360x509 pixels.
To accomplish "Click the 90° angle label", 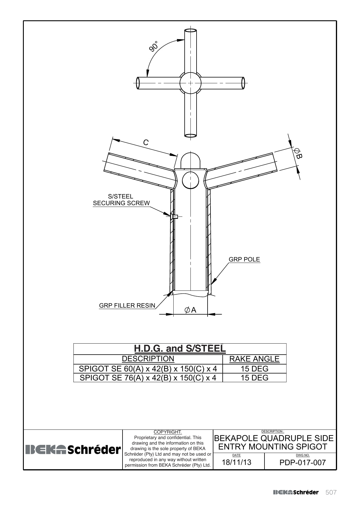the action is coord(154,46).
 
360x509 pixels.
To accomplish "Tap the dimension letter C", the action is coord(146,142).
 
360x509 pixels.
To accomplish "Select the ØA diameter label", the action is coord(190,310).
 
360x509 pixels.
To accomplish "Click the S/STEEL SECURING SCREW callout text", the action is coord(121,200).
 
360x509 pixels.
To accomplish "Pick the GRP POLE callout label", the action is coord(244,259).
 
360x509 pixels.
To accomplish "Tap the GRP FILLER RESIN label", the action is coord(127,305).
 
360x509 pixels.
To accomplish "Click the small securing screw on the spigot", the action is coord(175,216).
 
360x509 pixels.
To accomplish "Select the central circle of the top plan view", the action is coord(190,83).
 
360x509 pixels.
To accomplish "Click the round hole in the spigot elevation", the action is coord(190,180).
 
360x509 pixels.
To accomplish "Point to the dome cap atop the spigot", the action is coord(190,161).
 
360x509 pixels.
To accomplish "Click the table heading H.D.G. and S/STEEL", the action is coord(180,349).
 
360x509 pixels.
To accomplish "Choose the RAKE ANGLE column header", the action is coord(254,359).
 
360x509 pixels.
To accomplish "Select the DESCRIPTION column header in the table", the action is coord(148,359).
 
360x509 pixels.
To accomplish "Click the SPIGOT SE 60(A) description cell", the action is coord(148,369).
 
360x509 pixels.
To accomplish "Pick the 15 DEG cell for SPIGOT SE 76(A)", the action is coord(255,378).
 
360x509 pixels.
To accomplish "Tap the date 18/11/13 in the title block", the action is coord(237,462).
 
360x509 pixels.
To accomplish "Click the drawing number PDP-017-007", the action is coord(303,463).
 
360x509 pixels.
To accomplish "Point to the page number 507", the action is coord(331,492).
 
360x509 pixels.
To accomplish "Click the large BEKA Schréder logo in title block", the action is coord(73,450).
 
